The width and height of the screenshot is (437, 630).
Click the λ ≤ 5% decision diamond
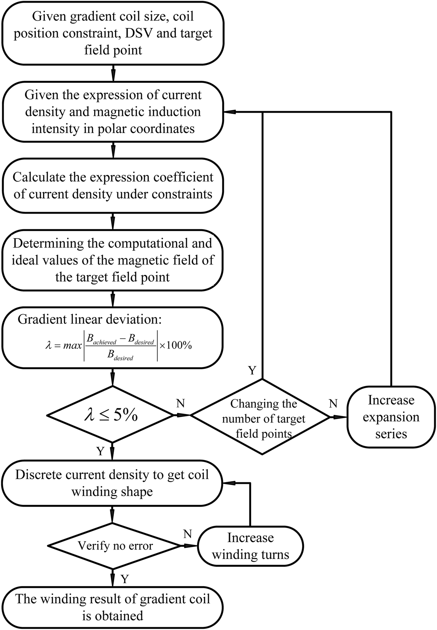(x=113, y=416)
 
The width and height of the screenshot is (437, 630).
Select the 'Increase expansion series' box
(x=391, y=417)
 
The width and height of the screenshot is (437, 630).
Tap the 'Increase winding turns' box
(x=251, y=545)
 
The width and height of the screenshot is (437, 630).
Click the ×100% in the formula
(x=175, y=345)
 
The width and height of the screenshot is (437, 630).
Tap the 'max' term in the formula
(x=73, y=346)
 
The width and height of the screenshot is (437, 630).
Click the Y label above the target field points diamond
(x=252, y=370)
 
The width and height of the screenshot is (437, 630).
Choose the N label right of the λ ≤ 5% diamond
(x=181, y=403)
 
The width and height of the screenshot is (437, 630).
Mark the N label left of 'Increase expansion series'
(x=333, y=403)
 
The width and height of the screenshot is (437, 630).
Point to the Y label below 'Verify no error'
(x=125, y=579)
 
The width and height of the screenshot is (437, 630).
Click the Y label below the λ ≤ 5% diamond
(x=100, y=451)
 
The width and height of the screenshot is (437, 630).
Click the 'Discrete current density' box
(x=112, y=484)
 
